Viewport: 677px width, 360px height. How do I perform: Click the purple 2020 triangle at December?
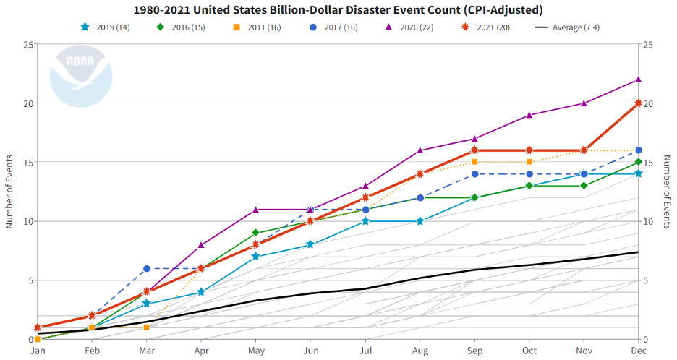pos(639,80)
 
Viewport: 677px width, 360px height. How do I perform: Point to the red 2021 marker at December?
pos(639,103)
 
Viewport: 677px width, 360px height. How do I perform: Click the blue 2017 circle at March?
pos(147,269)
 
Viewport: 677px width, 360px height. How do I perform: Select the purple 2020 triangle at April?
pos(201,245)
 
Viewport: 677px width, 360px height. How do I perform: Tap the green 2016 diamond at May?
pos(256,233)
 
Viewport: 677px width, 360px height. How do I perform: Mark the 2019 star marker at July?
pos(365,221)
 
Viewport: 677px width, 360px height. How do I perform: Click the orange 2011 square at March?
pos(147,327)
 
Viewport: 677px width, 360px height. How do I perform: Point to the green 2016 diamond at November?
pos(584,186)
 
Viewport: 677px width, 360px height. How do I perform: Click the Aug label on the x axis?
pos(420,351)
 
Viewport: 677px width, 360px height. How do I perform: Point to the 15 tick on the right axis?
pos(648,163)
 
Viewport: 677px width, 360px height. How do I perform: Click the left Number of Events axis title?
pos(10,192)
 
